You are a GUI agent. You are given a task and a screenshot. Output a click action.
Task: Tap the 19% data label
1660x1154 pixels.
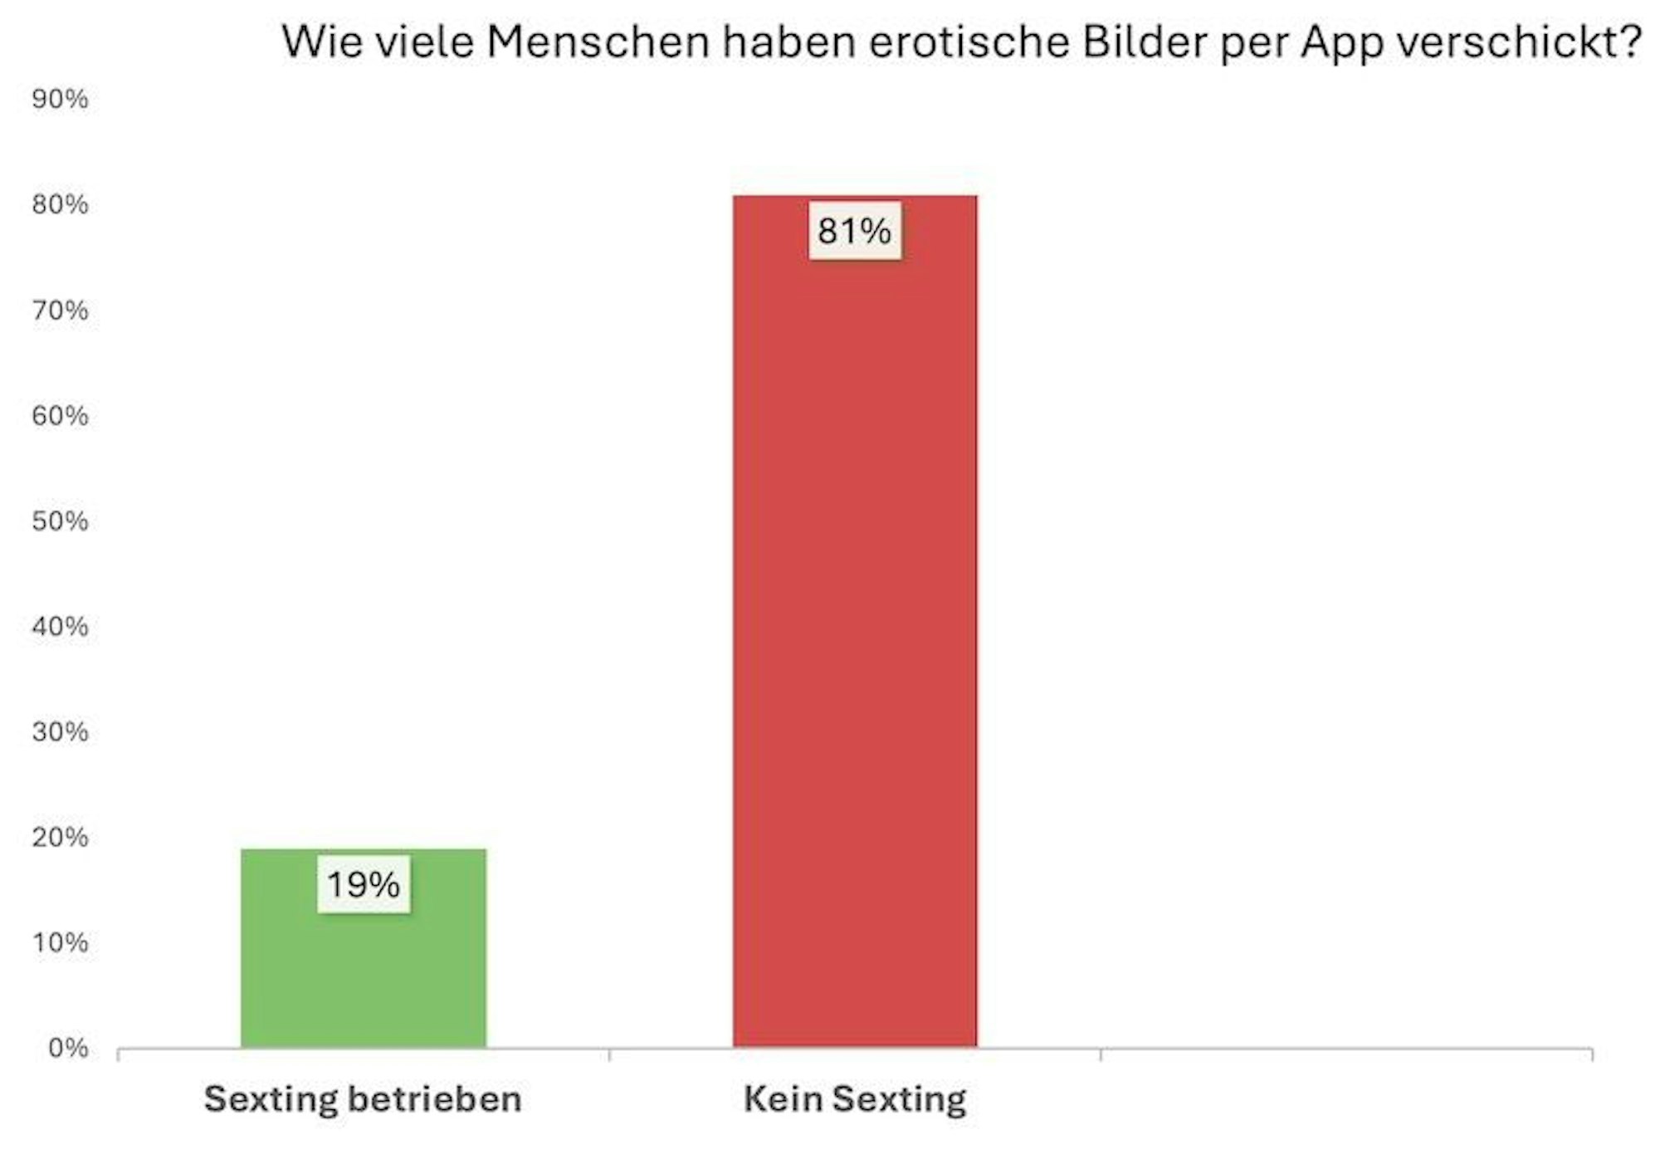(x=364, y=885)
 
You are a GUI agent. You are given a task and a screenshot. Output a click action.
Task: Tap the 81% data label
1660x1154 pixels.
(x=854, y=231)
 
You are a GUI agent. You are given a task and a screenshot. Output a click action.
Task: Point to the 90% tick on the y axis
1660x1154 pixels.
(x=60, y=99)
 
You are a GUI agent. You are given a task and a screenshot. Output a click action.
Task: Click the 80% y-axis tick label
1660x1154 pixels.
(x=60, y=204)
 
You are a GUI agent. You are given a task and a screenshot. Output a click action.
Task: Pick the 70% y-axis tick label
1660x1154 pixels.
(x=60, y=310)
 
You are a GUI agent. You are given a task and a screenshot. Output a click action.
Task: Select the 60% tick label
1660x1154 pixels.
(x=60, y=415)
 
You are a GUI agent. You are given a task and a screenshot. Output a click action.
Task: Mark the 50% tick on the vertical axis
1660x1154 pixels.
(x=60, y=521)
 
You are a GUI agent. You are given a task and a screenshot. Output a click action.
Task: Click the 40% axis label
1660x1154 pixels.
(x=60, y=626)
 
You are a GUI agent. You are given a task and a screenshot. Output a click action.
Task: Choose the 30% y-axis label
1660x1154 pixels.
(x=60, y=731)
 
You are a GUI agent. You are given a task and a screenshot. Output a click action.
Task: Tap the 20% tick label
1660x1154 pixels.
(x=60, y=837)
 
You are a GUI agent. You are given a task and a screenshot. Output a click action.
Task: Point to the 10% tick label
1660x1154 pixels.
(x=60, y=942)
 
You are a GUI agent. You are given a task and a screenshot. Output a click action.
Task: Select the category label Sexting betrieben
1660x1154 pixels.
(x=363, y=1099)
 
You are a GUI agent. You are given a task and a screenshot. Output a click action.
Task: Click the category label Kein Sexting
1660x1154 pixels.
(x=855, y=1099)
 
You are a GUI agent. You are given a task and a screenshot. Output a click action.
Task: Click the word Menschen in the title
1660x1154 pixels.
(x=598, y=42)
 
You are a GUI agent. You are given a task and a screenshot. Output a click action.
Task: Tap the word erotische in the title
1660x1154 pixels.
(x=969, y=42)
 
